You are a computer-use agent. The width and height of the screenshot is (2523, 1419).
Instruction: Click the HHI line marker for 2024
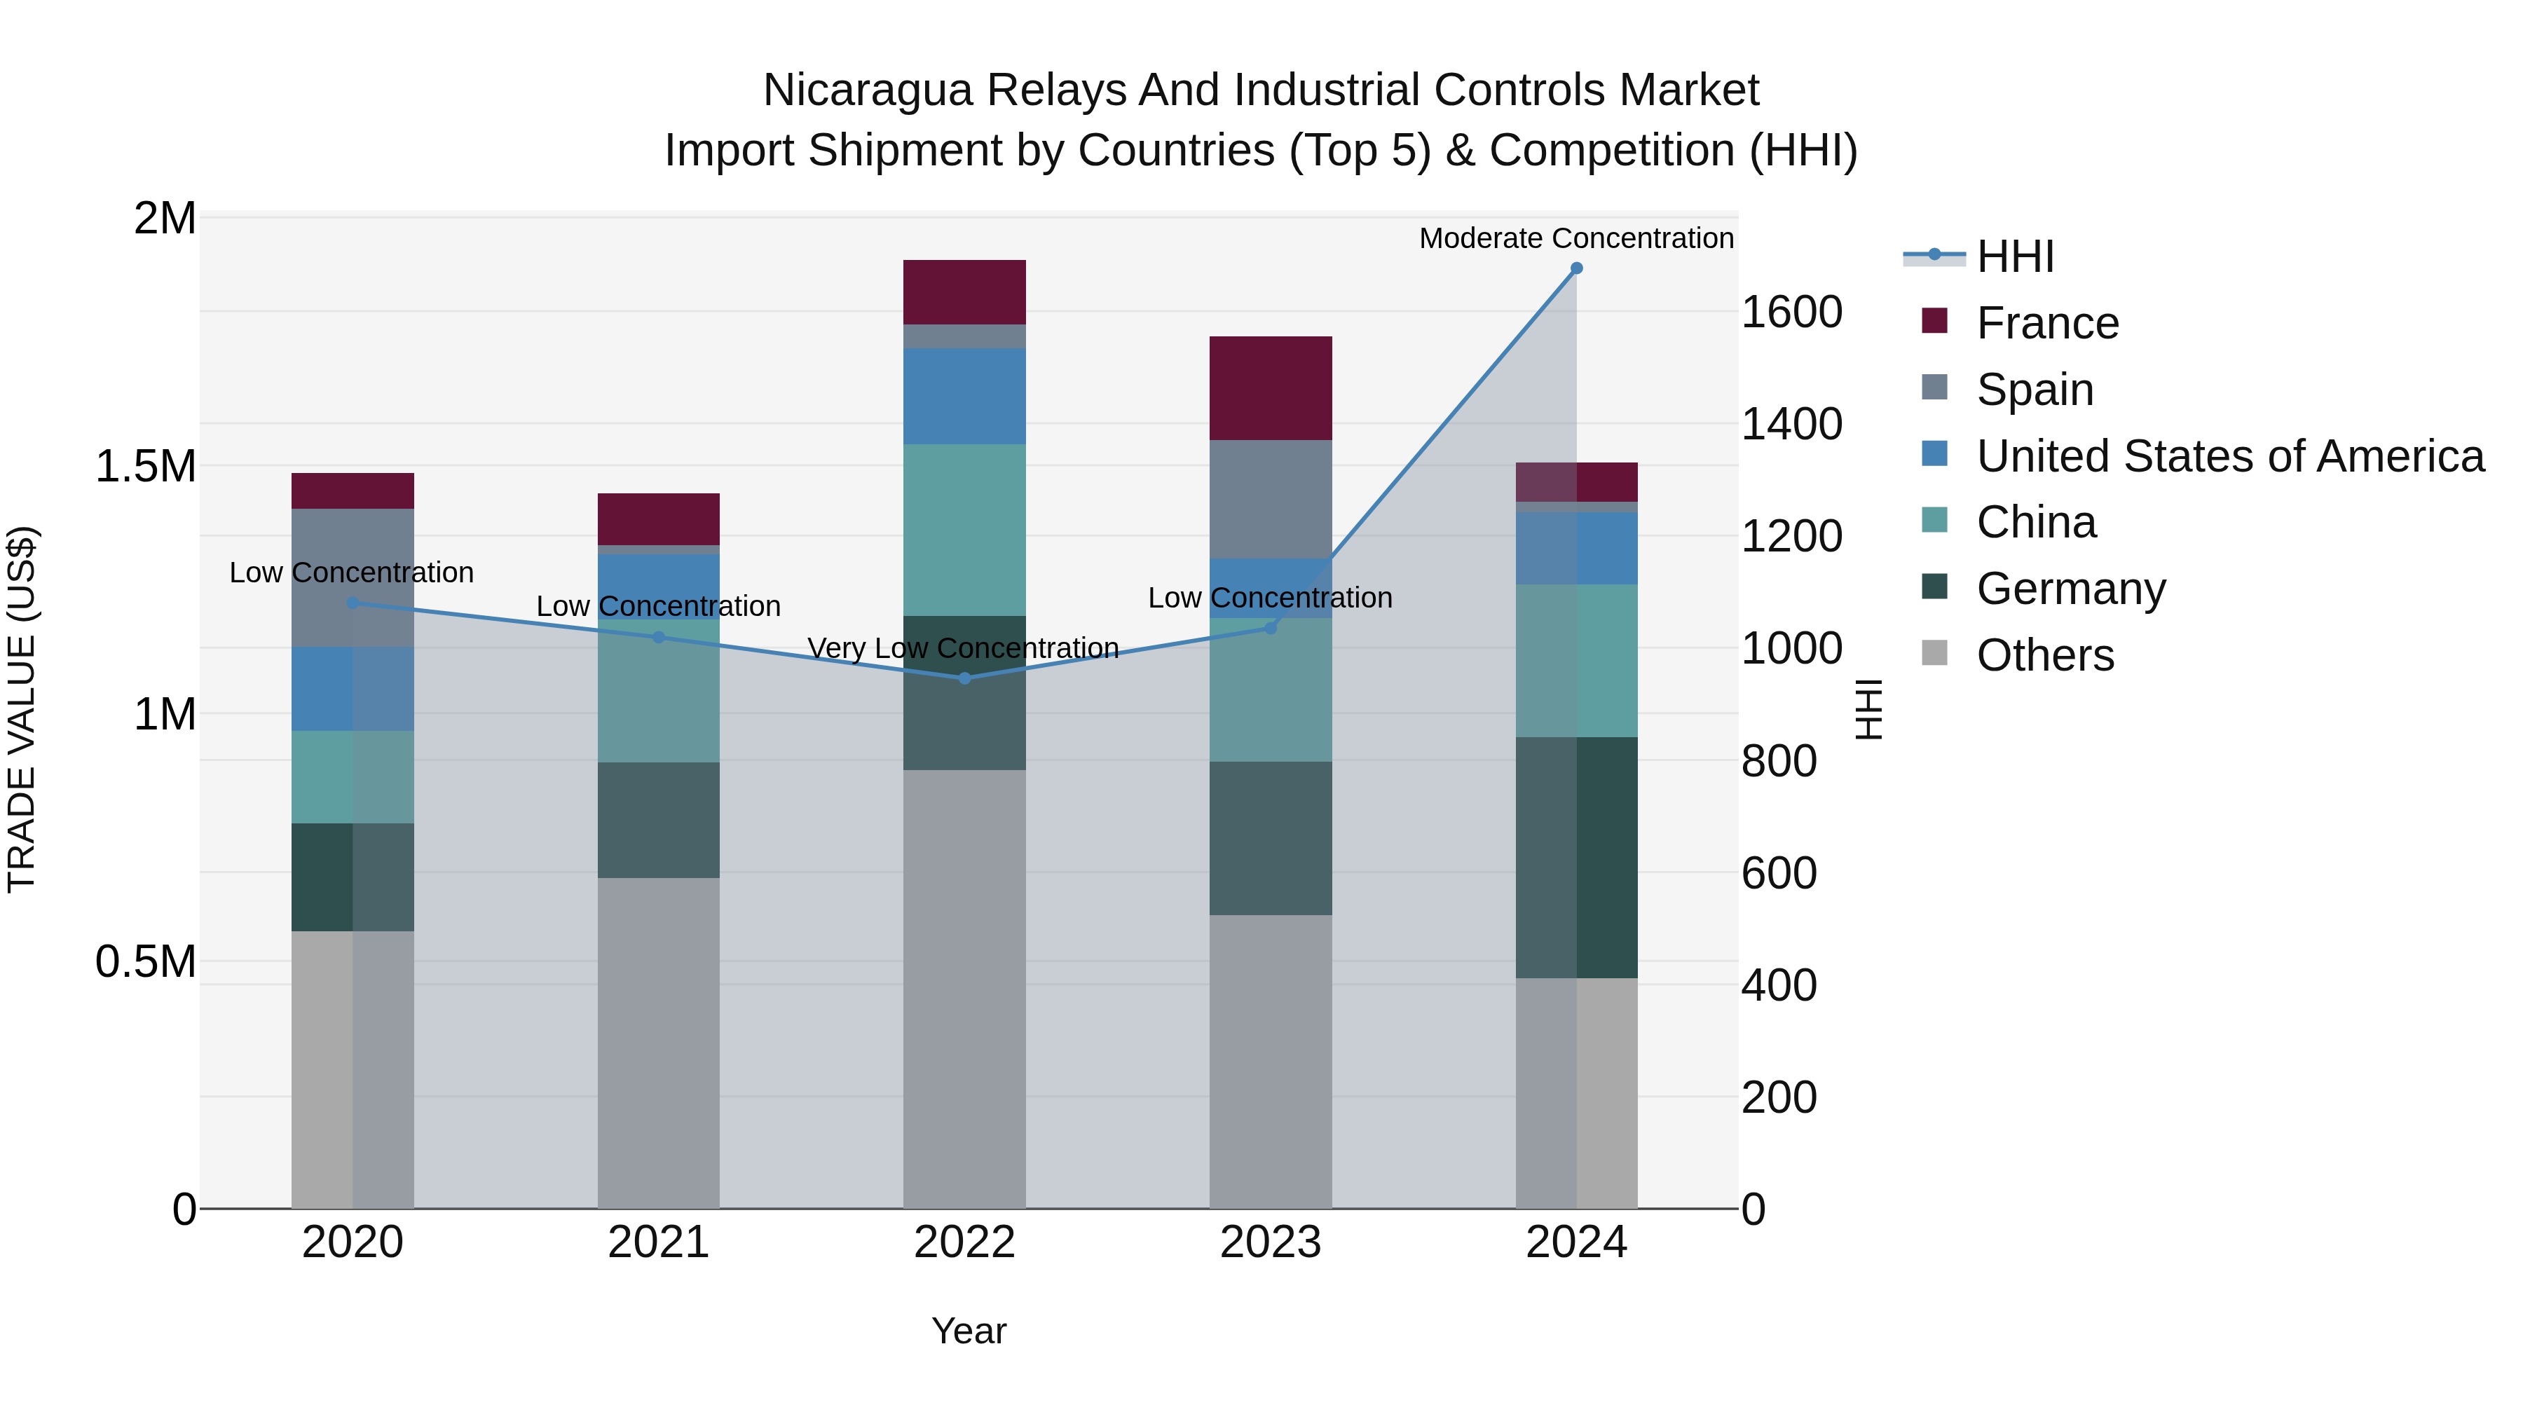tap(1576, 268)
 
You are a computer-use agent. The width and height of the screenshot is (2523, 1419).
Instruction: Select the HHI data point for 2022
tap(964, 678)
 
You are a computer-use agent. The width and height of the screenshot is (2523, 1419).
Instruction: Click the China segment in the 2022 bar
tap(964, 530)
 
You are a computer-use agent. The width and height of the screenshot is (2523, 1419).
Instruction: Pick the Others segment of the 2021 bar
tap(658, 1042)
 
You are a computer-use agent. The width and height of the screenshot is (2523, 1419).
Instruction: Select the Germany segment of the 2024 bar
tap(1576, 857)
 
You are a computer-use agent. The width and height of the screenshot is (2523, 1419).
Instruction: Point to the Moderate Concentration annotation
tap(1576, 238)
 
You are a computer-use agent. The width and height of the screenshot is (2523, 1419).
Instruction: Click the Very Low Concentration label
tap(963, 648)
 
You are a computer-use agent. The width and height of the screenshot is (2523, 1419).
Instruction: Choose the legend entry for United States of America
tap(2229, 456)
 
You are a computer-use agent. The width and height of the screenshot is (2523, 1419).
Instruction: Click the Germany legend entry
tap(2070, 589)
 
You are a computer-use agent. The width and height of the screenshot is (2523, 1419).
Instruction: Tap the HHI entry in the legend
tap(2015, 256)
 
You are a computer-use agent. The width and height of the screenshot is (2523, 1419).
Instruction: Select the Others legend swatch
tap(1934, 653)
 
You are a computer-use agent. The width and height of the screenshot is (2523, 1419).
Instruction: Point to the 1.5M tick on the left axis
tap(145, 466)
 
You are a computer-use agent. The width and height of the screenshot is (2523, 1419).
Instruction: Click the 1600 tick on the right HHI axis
tap(1791, 313)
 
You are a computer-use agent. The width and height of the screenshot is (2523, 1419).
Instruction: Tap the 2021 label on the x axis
tap(658, 1242)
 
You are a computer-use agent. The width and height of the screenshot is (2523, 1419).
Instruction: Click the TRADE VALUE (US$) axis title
tap(22, 709)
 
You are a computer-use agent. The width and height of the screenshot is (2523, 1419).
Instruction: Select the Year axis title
tap(969, 1331)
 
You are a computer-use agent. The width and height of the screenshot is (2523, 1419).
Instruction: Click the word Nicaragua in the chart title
tap(867, 90)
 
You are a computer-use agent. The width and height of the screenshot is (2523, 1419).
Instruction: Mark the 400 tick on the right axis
tap(1779, 985)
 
